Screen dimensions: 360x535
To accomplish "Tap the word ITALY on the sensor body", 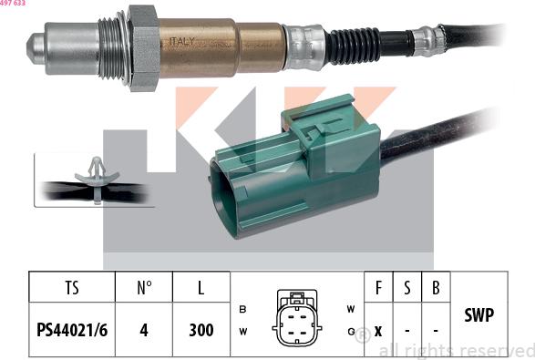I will point(180,42).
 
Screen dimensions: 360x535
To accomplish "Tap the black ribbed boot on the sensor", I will point(354,42).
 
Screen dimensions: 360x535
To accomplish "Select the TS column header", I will point(72,289).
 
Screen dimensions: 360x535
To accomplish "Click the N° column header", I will point(143,289).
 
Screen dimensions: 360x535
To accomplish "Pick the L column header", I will point(201,289).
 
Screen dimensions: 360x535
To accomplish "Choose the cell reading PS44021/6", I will point(72,330).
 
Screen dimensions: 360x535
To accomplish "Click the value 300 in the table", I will point(201,330).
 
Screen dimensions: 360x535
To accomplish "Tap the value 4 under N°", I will point(143,330).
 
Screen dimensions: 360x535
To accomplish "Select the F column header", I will point(377,289).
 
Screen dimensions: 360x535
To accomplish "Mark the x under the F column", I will point(377,330).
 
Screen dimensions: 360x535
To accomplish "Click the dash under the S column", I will point(406,330).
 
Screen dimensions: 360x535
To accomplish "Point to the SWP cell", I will point(478,315).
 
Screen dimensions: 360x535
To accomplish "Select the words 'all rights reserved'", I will point(455,350).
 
